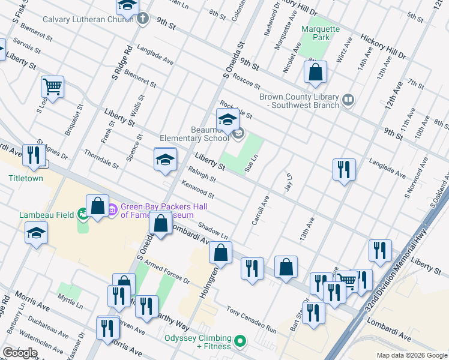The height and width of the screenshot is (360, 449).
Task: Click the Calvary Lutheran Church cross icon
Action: [x=142, y=19]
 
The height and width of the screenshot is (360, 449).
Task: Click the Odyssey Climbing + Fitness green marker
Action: [x=240, y=342]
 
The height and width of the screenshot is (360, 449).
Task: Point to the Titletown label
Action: [x=26, y=178]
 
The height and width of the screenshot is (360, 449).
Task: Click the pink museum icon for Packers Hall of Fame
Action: [x=112, y=209]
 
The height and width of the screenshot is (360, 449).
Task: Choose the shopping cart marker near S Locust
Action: [x=52, y=88]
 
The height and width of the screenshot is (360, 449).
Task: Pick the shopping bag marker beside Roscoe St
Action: [x=315, y=73]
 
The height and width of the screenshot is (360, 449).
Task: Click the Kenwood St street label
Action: [x=197, y=190]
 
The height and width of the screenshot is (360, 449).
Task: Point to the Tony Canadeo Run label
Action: [x=251, y=320]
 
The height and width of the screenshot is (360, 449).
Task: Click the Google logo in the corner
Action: [x=20, y=353]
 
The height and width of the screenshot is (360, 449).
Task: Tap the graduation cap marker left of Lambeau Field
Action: [x=36, y=233]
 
